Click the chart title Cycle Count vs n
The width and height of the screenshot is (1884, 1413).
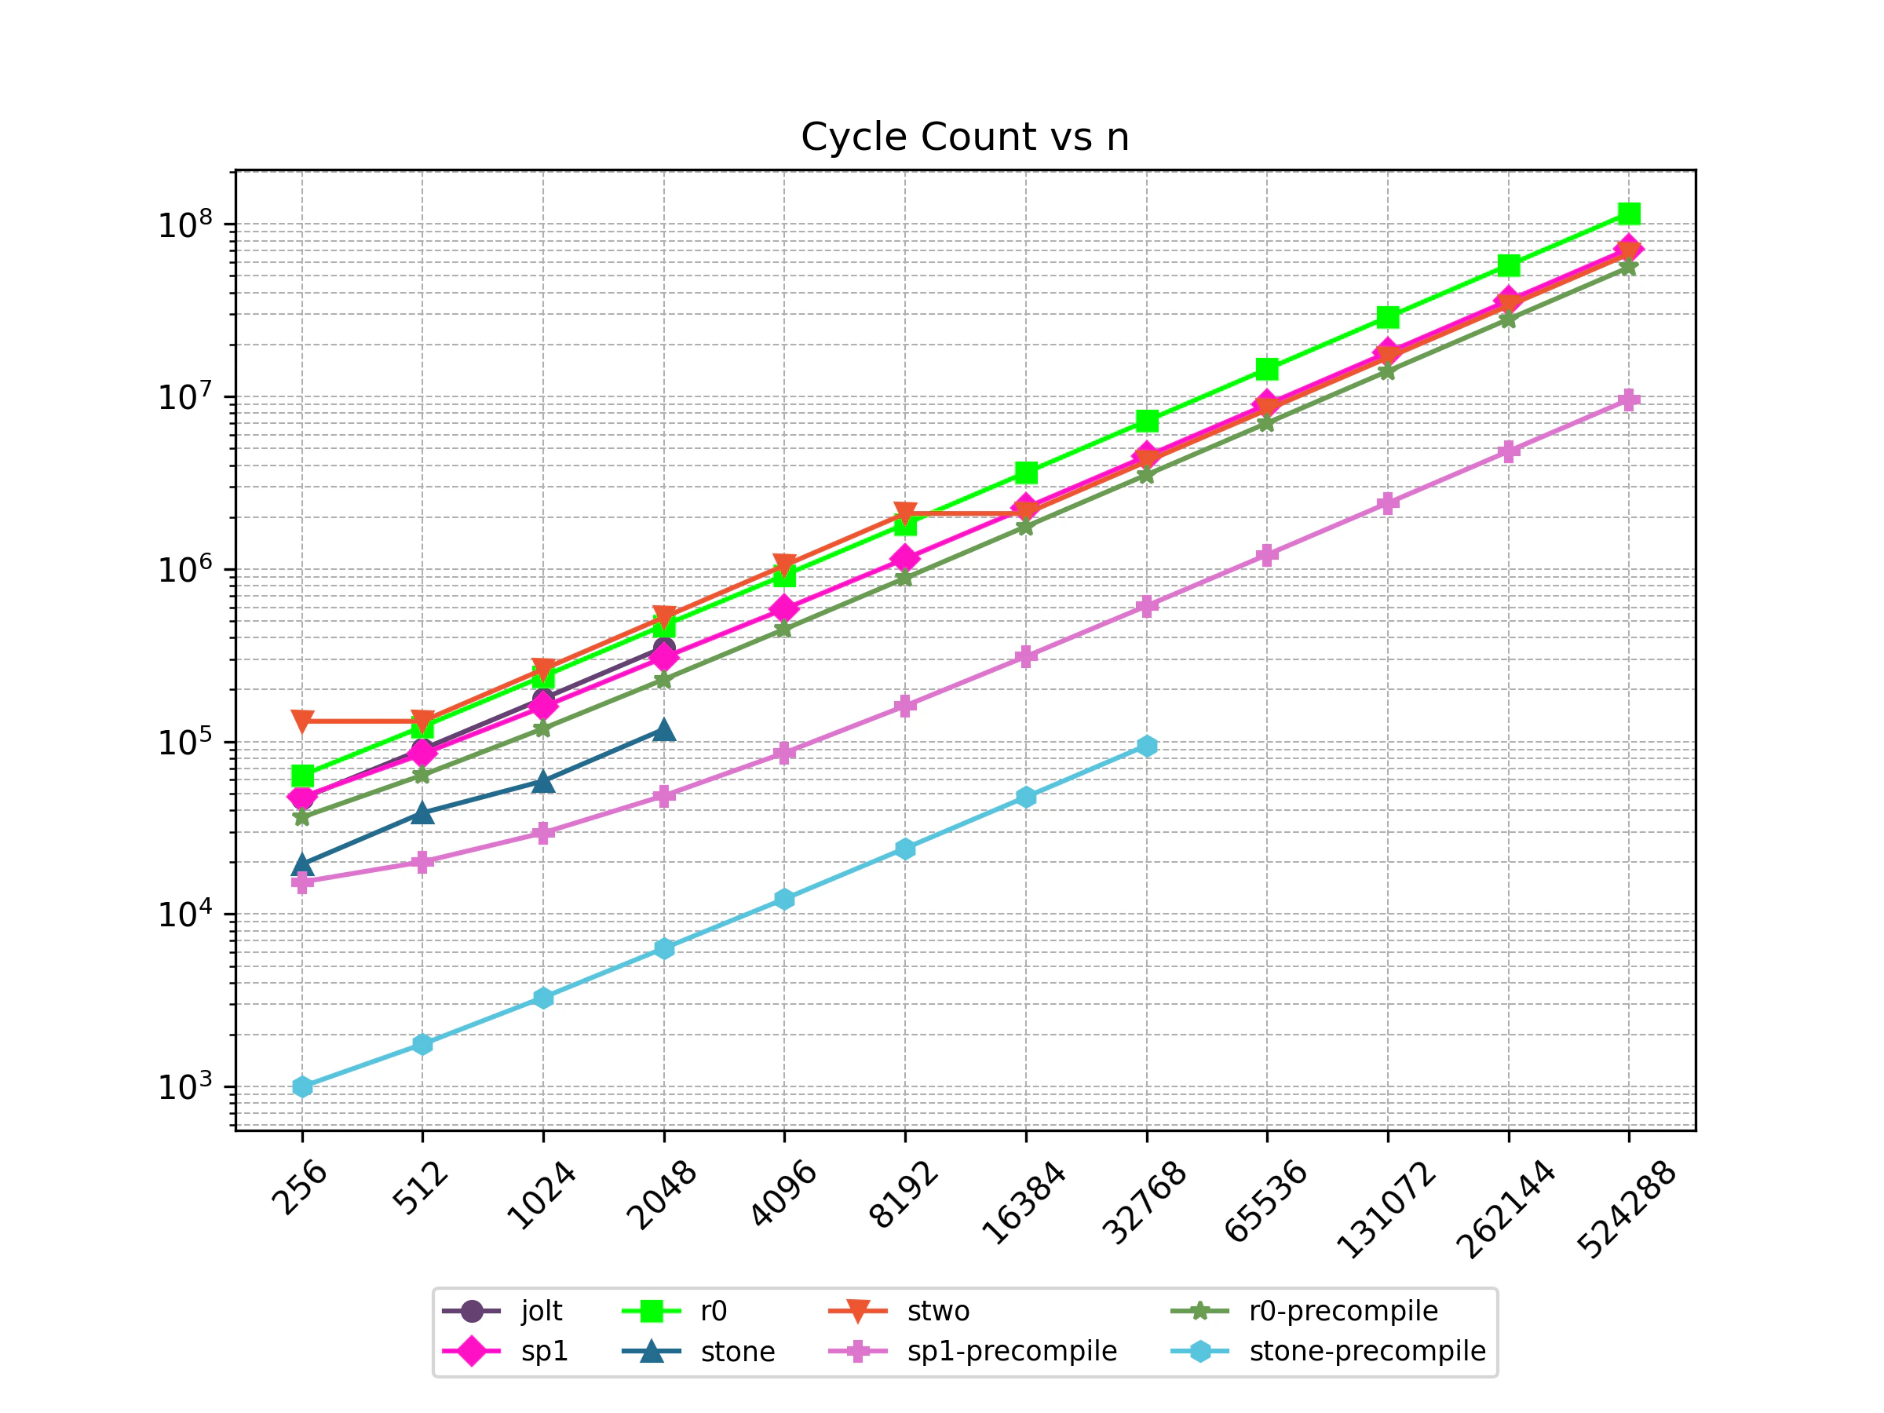(x=964, y=137)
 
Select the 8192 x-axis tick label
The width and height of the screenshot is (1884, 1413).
(x=903, y=1194)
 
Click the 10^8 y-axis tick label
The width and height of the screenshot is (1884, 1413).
(x=184, y=225)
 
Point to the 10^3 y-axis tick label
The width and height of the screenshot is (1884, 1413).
(x=184, y=1086)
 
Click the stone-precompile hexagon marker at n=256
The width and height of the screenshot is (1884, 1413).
(x=302, y=1086)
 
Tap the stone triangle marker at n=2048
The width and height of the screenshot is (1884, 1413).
(x=664, y=730)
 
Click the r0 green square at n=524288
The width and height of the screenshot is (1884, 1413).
(x=1629, y=213)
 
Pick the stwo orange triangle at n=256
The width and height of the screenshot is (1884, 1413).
(x=302, y=721)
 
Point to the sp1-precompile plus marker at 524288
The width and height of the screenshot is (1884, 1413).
(x=1629, y=400)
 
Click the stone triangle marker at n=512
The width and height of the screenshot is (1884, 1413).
(x=422, y=812)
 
